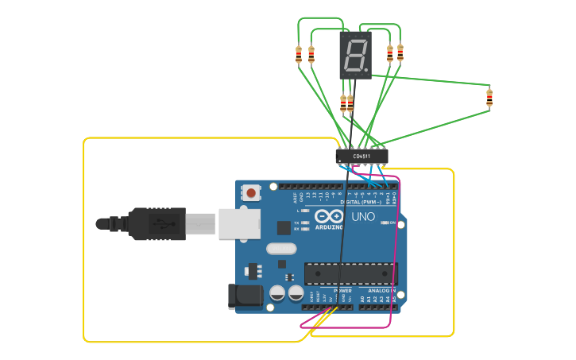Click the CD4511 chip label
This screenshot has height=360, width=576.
(x=361, y=157)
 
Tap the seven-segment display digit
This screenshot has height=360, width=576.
(x=356, y=55)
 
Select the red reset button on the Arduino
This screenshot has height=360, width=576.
(x=252, y=192)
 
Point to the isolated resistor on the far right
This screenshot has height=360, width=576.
(x=489, y=98)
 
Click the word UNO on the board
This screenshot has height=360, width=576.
(x=363, y=216)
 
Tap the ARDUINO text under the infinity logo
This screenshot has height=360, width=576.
(x=329, y=226)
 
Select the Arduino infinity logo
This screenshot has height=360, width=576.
(x=329, y=215)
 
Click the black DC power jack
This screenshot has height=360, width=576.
(x=245, y=296)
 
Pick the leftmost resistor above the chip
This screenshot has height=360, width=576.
(x=299, y=54)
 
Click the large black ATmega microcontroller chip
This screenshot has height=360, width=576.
(x=350, y=274)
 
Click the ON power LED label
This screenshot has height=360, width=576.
(x=392, y=223)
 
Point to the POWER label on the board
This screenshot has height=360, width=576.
(x=342, y=291)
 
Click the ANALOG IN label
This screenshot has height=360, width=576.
(x=381, y=291)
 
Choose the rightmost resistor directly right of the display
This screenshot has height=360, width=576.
(x=400, y=52)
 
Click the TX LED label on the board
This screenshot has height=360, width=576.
(x=296, y=223)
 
